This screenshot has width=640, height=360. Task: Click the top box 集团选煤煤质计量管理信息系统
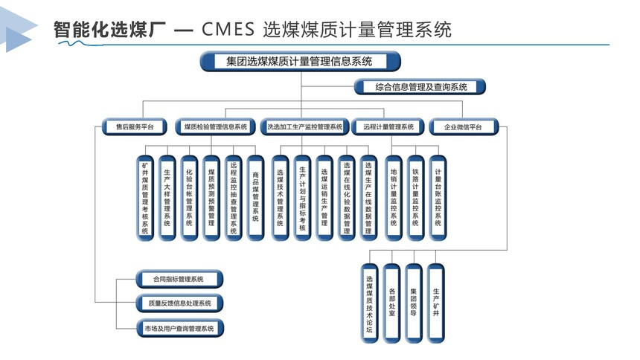coord(301,62)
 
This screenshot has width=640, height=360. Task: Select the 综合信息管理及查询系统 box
coord(420,87)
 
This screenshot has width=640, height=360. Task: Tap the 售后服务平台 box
coord(134,127)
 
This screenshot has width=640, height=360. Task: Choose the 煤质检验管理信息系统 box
coord(215,127)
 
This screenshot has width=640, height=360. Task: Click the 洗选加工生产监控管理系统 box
coord(304,127)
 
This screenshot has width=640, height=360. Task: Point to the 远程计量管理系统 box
coord(388,127)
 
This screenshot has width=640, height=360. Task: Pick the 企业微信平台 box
coord(464,127)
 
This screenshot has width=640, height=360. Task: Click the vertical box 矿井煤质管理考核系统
coord(145,198)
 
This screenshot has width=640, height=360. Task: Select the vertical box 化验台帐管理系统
coord(189,198)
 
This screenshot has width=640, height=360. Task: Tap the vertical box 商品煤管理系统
coord(255,198)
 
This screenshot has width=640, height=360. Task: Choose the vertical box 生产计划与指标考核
coord(302,198)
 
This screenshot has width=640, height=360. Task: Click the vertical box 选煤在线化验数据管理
coord(347,198)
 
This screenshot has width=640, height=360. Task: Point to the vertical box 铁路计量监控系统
coord(415,198)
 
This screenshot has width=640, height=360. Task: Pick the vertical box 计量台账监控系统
coord(438,198)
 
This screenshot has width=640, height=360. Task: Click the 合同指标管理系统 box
coord(179,279)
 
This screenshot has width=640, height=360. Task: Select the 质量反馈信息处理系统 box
coord(179,303)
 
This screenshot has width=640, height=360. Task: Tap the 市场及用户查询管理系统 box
coord(179,328)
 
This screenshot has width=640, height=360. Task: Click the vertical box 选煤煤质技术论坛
coord(369,303)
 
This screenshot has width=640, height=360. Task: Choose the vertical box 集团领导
coord(414,303)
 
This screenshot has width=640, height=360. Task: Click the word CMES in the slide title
coord(228,30)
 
